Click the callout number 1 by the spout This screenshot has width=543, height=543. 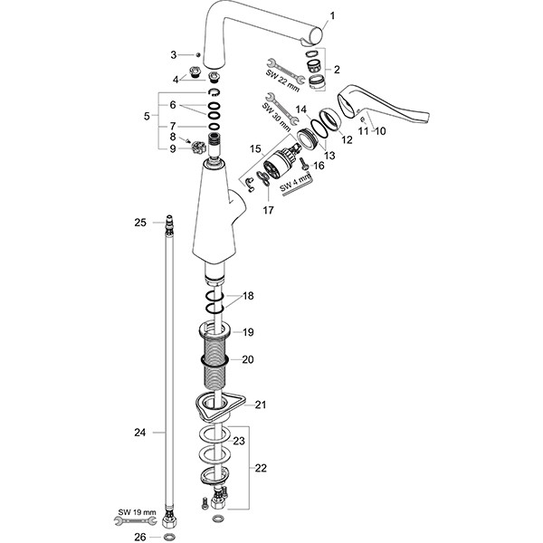[331, 16]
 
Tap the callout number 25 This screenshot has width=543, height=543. [139, 222]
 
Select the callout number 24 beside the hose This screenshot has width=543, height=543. [139, 433]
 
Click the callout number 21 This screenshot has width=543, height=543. [261, 405]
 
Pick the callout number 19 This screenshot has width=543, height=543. [248, 332]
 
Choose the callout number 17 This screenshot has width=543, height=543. [267, 210]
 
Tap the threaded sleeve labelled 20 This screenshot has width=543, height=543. [215, 360]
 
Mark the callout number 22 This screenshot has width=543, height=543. [261, 468]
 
